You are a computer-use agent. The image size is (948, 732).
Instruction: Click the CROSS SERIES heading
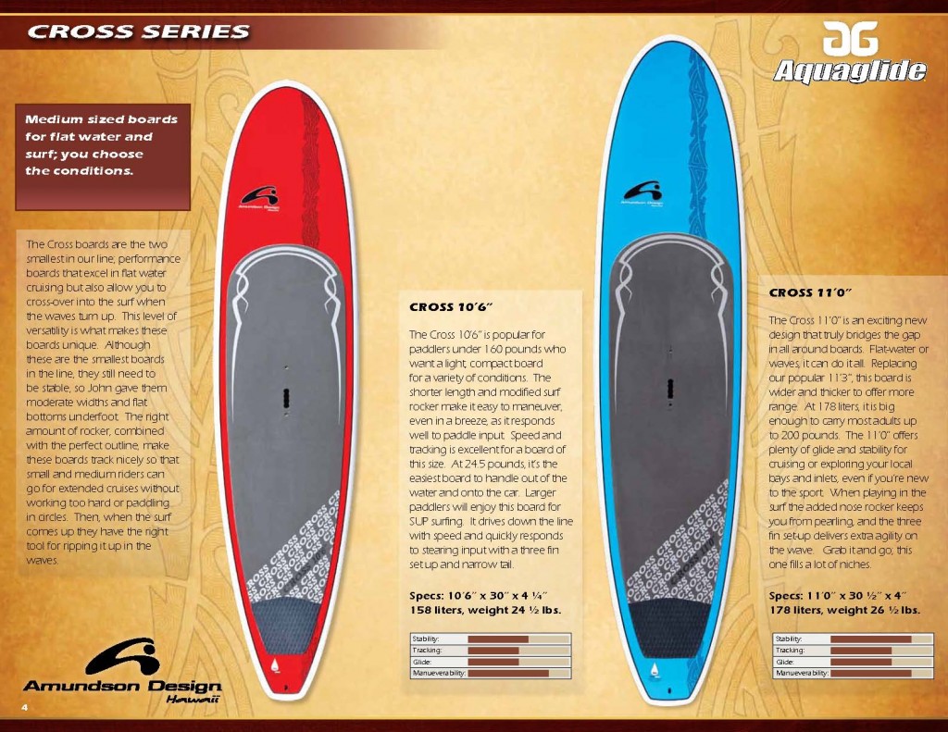[x=139, y=31]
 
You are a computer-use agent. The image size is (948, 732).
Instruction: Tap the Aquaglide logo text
[x=850, y=71]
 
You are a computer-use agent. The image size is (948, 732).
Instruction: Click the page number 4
[x=24, y=707]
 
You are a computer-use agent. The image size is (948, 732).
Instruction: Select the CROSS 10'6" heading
[x=451, y=307]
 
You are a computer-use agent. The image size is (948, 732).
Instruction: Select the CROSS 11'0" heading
[x=810, y=292]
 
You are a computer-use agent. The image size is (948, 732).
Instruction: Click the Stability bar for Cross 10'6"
[x=498, y=639]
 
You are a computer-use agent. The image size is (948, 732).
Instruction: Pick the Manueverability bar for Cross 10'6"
[x=508, y=674]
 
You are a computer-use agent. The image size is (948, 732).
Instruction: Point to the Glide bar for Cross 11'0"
[x=861, y=662]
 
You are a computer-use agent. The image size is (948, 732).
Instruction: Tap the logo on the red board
[x=259, y=198]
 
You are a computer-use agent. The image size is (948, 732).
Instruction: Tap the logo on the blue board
[x=642, y=193]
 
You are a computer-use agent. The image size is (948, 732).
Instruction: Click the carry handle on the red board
[x=287, y=399]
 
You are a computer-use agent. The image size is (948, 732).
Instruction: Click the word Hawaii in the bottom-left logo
[x=192, y=700]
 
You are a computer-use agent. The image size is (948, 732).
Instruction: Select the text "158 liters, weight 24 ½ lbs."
[x=485, y=610]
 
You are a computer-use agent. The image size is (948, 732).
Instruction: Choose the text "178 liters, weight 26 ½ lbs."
[x=844, y=610]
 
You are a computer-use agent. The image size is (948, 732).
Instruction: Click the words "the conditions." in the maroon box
[x=79, y=170]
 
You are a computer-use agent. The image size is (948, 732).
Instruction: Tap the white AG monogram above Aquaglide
[x=850, y=38]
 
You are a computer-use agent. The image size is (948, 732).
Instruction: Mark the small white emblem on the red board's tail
[x=276, y=664]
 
